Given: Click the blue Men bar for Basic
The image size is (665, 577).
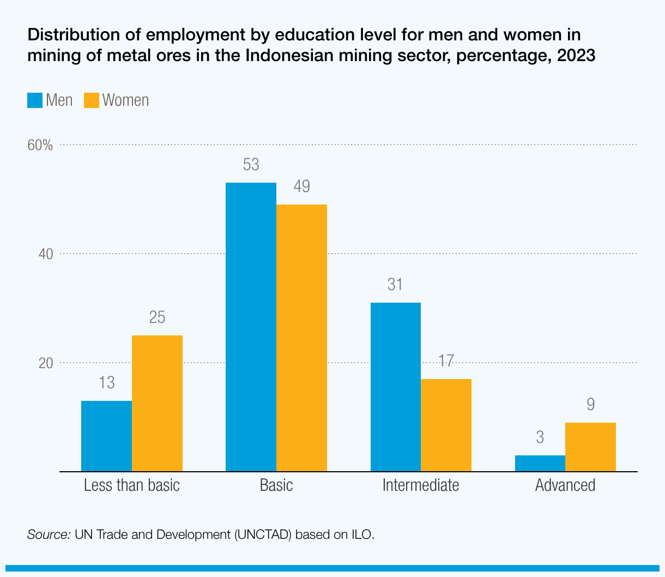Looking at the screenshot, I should pos(251,327).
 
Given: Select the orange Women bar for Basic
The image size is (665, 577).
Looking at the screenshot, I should pos(301,338).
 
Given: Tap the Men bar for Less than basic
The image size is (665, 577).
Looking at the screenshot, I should pos(106,436).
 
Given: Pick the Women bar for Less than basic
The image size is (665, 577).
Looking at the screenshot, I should pos(157,403).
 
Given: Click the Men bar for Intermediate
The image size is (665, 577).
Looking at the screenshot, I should pos(395,387).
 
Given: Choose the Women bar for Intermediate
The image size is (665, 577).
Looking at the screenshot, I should pos(446,425).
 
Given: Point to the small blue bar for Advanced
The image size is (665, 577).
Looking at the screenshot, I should pos(540,463).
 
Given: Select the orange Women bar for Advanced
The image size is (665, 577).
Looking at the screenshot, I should pos(590,447).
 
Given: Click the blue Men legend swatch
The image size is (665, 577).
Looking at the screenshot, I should pos(35,100).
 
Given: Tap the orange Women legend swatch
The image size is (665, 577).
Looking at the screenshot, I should pos(92,100).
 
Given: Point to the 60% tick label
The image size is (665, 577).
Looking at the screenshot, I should pos(40,145).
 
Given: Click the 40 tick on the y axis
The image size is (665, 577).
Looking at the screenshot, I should pos(46,254).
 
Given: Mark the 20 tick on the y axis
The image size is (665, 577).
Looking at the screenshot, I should pos(46,363).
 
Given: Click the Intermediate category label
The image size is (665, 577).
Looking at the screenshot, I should pos(421,485).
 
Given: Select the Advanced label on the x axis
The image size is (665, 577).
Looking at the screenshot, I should pos(565,485).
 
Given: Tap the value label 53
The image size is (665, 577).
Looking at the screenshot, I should pos(251,165).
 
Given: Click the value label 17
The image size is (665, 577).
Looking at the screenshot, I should pos(446,360).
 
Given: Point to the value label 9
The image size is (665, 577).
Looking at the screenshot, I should pos(590,405).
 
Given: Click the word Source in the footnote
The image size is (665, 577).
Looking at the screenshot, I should pos(49,534).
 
